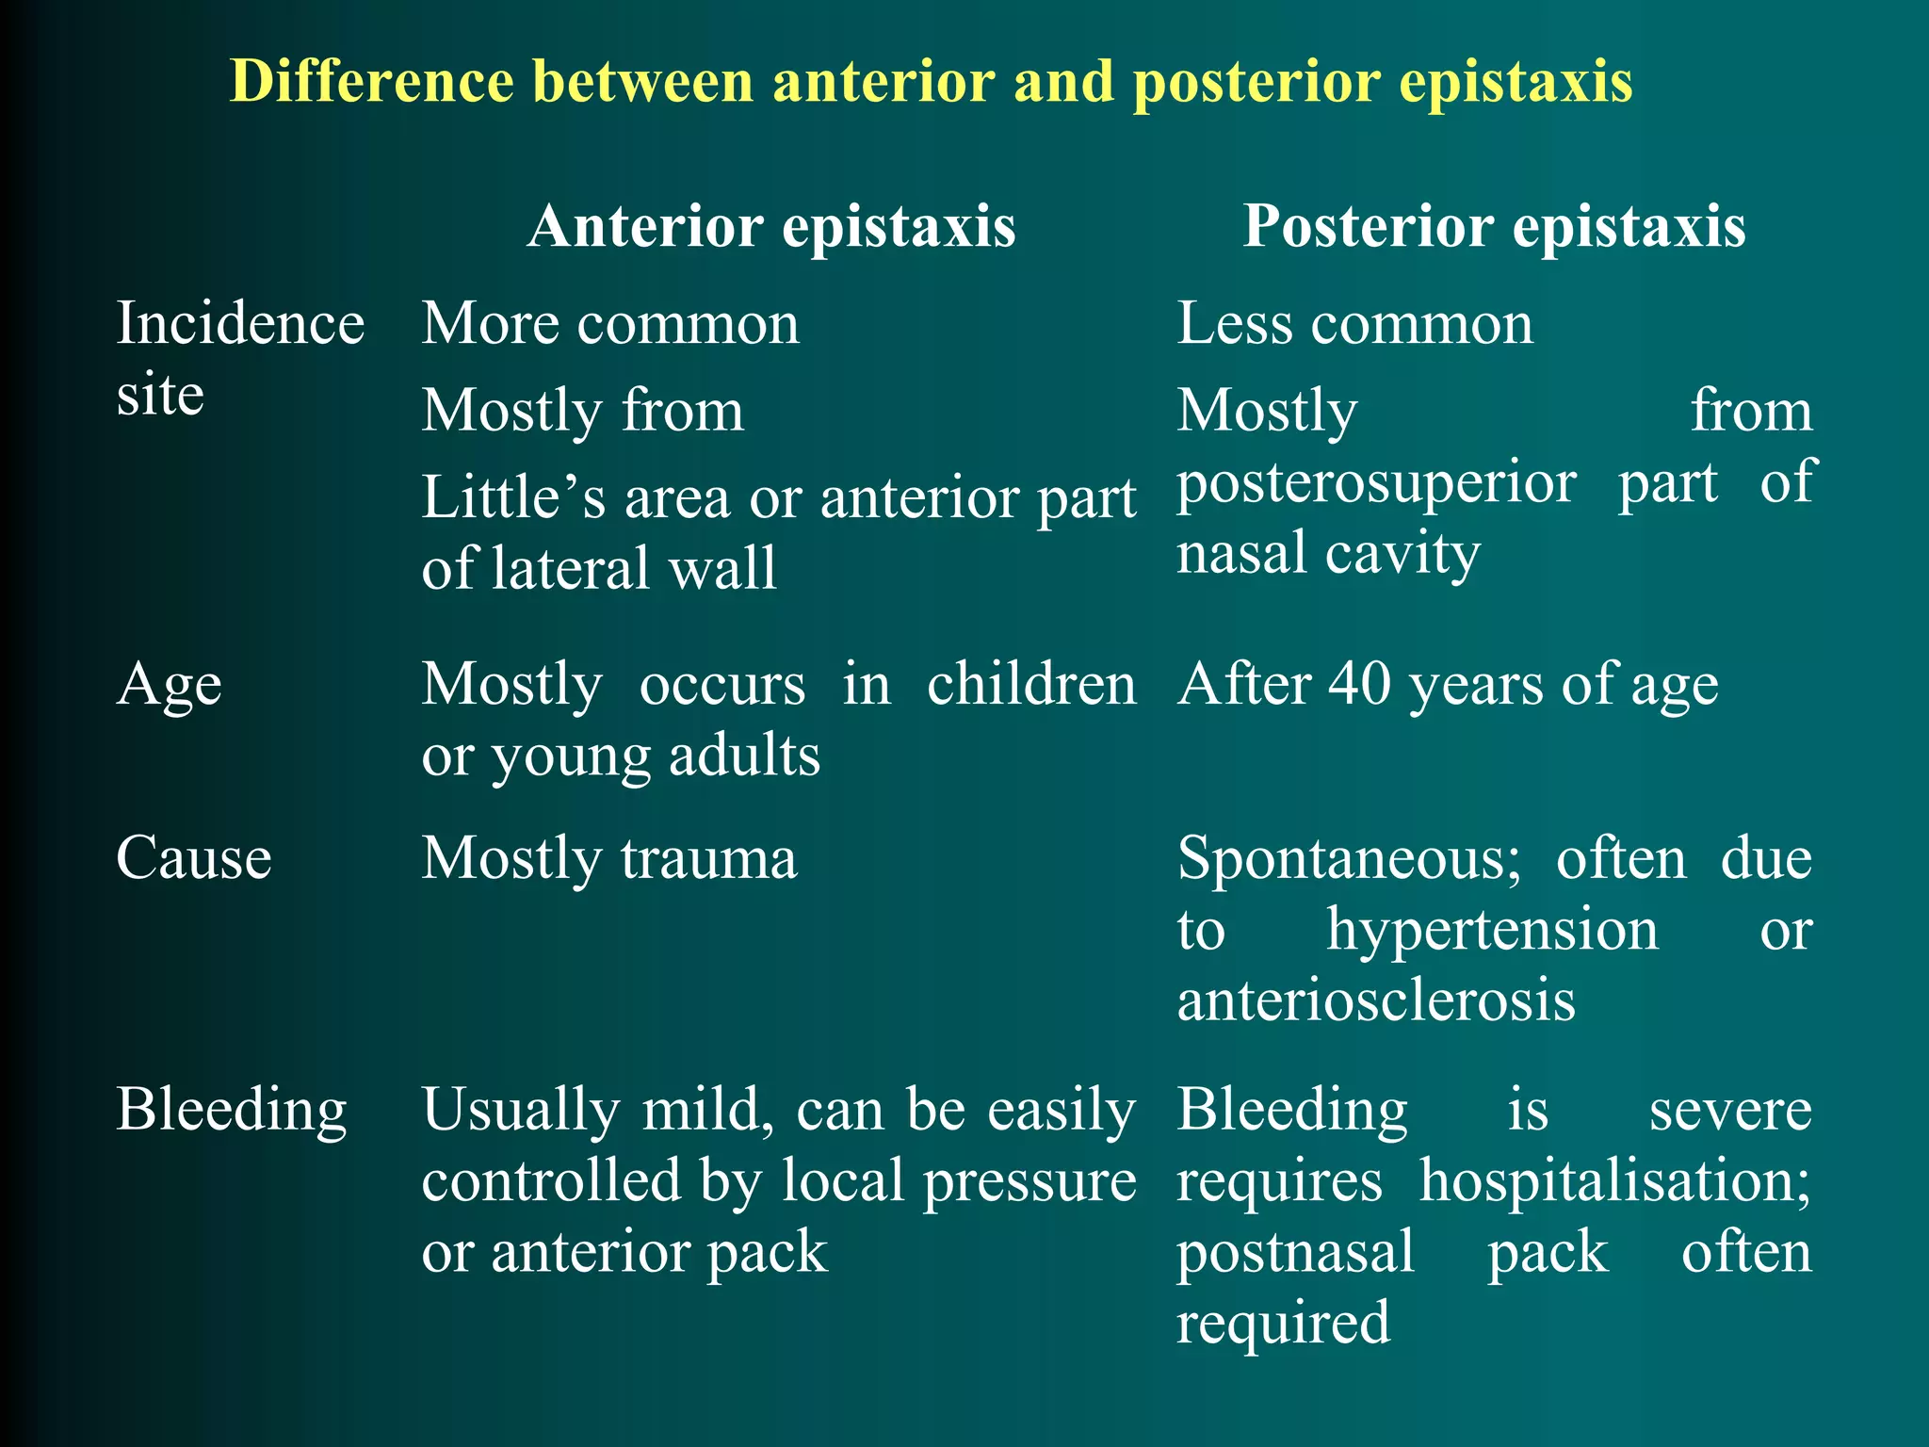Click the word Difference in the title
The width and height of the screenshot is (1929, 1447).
coord(371,81)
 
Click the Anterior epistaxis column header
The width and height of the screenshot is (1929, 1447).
coord(771,227)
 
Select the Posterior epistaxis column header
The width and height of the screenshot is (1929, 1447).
coord(1494,227)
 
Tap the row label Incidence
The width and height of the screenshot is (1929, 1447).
coord(240,324)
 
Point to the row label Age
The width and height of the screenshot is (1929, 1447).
coord(170,685)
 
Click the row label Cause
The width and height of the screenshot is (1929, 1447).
coord(194,858)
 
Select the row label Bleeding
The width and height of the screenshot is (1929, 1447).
coord(232,1110)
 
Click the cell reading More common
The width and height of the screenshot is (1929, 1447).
coord(610,324)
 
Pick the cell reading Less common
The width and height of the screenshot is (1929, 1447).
coord(1354,324)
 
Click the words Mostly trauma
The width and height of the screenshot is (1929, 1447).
coord(608,858)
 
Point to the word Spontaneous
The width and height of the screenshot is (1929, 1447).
coord(1348,858)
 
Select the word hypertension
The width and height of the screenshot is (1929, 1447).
coord(1492,930)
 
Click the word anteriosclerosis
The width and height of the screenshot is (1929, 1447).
coord(1376,1000)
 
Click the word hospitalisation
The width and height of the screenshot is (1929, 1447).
coord(1614,1181)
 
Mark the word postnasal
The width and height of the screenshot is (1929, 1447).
coord(1295,1253)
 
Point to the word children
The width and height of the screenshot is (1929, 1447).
coord(1031,684)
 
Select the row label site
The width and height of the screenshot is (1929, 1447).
coord(160,395)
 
